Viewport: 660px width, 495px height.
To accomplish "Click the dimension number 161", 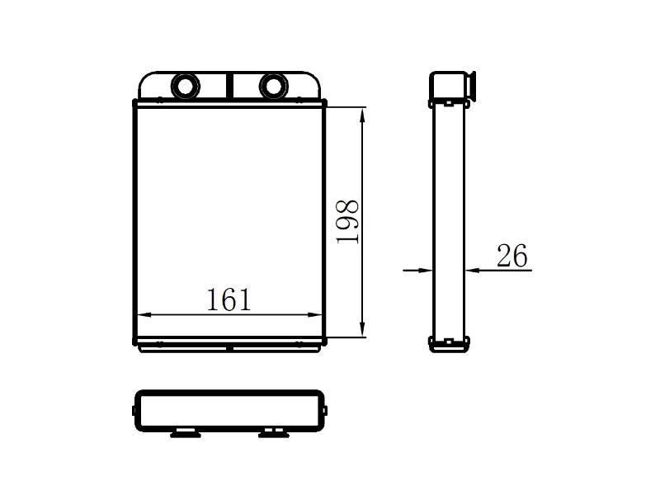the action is coord(229,299).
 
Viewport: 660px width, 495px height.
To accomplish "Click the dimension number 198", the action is coord(347,221).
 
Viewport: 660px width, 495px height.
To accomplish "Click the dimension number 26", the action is coord(511,256).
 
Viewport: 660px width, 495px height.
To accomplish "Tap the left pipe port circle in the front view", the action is coord(185,87).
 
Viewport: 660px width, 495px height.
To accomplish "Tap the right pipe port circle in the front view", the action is coord(274,87).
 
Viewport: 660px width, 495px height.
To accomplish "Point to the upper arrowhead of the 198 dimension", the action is coord(362,115).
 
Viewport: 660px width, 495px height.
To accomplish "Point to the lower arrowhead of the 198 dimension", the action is coord(362,328).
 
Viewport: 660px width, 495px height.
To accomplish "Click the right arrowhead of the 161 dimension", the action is coord(315,314).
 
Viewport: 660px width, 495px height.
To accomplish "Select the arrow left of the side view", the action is coord(417,270).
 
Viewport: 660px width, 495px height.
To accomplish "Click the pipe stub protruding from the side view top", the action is coord(471,87).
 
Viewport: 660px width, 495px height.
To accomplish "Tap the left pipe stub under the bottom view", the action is coord(185,434).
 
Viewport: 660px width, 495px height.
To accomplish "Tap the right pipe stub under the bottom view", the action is coord(274,434).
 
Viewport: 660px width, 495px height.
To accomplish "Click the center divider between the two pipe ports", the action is coord(229,86).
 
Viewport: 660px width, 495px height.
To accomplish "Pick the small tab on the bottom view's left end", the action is coord(134,410).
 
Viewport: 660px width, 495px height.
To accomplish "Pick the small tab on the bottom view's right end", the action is coord(325,410).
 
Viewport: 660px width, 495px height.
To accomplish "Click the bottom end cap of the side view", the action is coord(449,344).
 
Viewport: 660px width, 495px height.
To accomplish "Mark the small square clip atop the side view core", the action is coord(449,102).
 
